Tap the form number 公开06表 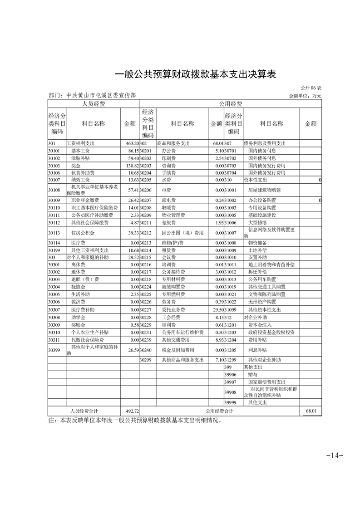coord(311,88)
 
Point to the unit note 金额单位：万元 coord(305,96)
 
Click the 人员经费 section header coord(93,104)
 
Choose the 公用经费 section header coord(230,104)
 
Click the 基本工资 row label coord(81,151)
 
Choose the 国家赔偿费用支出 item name coord(267,382)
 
